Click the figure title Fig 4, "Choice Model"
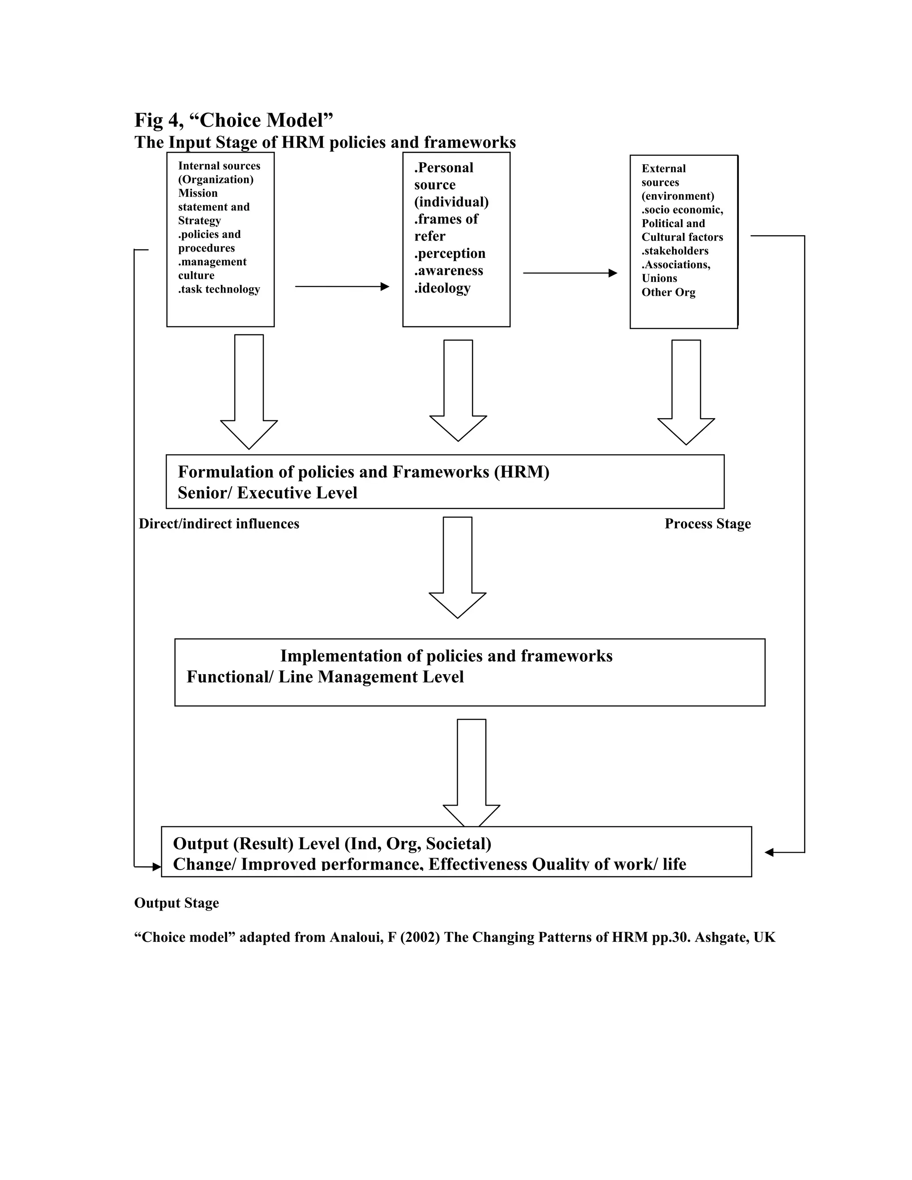233,120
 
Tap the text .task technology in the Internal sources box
219,289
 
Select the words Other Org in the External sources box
668,292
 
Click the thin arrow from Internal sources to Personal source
342,286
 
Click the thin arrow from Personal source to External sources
570,273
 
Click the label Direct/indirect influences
219,524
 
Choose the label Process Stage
707,524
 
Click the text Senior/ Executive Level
268,493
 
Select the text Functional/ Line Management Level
325,677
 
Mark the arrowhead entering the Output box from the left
157,867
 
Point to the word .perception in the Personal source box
449,253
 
